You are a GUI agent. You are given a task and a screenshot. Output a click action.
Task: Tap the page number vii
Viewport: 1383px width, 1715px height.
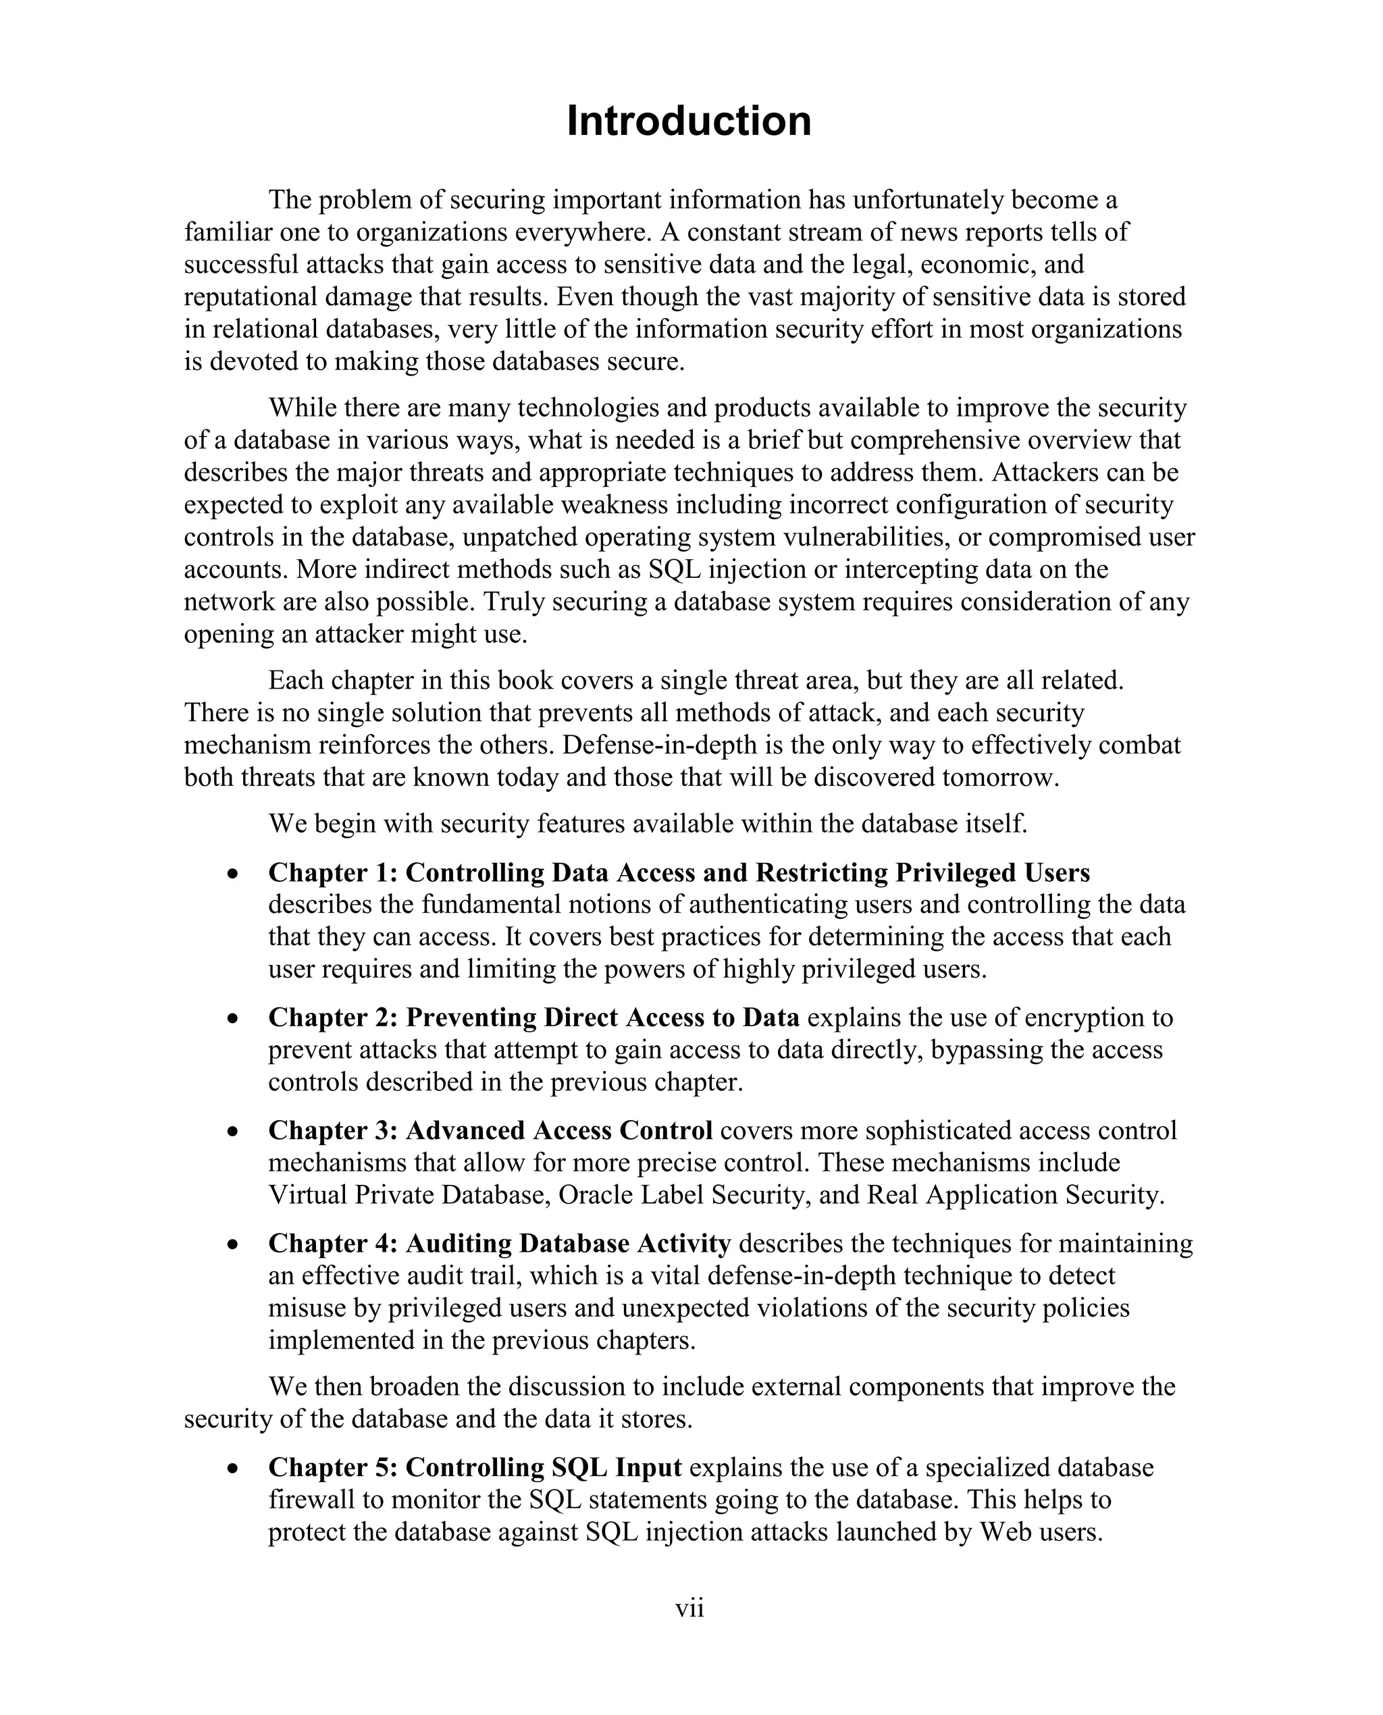[x=690, y=1608]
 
